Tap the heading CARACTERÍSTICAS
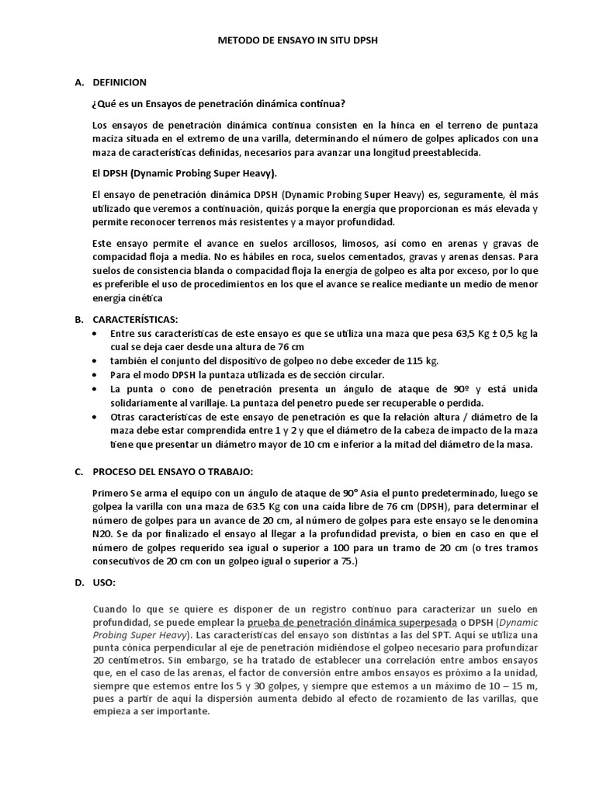tap(135, 318)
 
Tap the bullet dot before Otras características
tap(95, 418)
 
